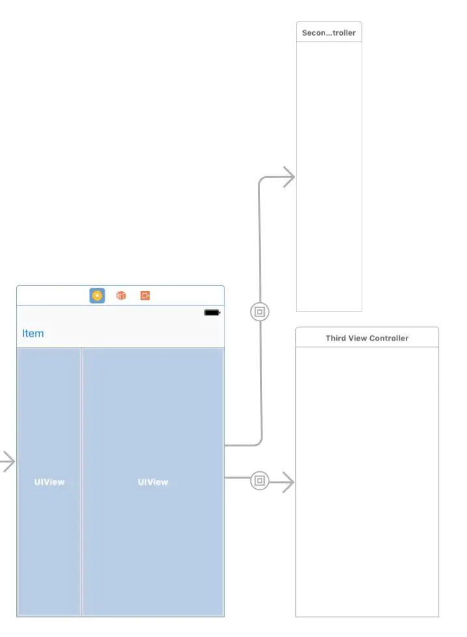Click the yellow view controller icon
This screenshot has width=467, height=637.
click(97, 296)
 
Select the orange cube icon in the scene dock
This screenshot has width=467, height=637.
click(121, 296)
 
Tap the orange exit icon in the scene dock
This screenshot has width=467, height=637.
click(145, 296)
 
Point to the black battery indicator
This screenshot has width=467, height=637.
click(212, 313)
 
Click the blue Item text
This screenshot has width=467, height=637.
click(33, 333)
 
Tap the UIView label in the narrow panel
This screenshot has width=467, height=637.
click(49, 482)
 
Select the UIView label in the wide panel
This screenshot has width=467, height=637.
click(153, 482)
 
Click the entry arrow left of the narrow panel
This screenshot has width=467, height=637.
click(7, 462)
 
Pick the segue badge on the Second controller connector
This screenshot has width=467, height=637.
click(260, 312)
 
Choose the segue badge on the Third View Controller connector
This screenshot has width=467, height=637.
click(260, 482)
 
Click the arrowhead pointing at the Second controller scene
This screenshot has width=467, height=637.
click(289, 177)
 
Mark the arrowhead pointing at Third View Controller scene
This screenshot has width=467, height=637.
click(289, 482)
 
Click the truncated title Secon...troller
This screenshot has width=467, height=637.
click(328, 32)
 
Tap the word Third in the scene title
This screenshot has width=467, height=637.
click(336, 338)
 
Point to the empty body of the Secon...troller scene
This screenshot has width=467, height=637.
click(328, 175)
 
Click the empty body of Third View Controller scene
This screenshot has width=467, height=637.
click(367, 481)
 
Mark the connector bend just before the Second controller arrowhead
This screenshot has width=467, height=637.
click(261, 179)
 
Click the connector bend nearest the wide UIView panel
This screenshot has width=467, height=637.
click(260, 443)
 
